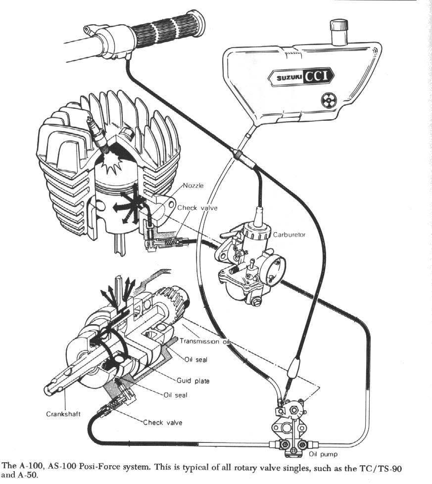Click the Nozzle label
click(x=193, y=186)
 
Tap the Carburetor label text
click(x=289, y=235)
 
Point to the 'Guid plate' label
click(x=193, y=381)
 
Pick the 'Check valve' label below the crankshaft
click(x=162, y=422)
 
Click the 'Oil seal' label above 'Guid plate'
click(x=195, y=360)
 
